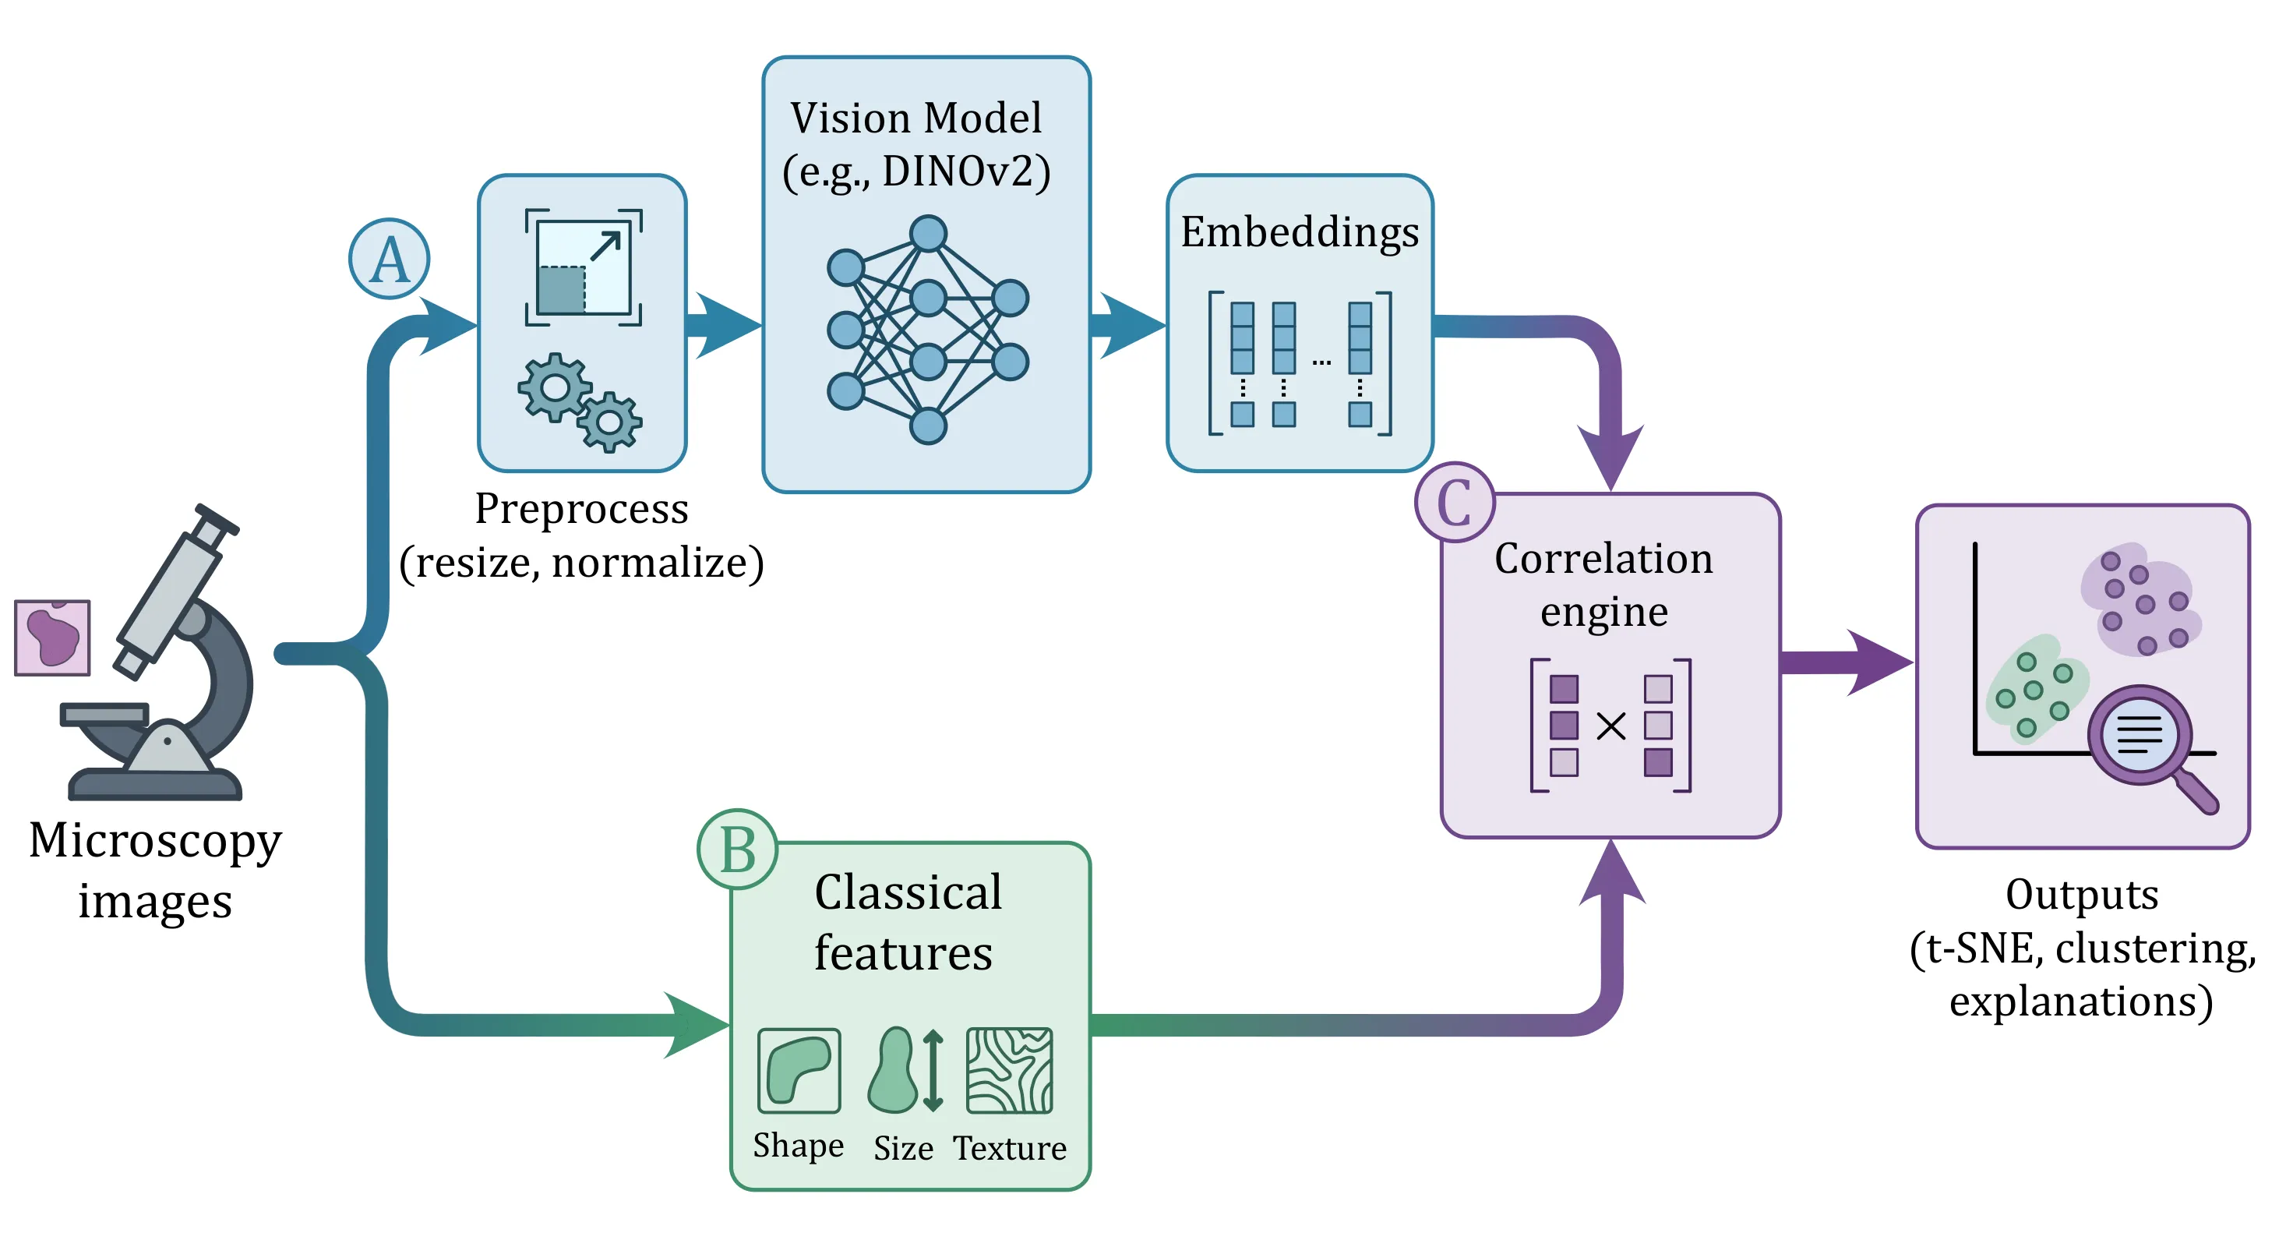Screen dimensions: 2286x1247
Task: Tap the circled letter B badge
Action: pyautogui.click(x=737, y=850)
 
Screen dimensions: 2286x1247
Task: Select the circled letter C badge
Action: pyautogui.click(x=1455, y=503)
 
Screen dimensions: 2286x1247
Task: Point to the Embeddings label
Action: pyautogui.click(x=1299, y=232)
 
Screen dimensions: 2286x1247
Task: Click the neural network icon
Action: pyautogui.click(x=927, y=329)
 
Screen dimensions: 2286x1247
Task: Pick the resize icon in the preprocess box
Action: pyautogui.click(x=583, y=267)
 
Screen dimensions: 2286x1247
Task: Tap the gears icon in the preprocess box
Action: pyautogui.click(x=580, y=402)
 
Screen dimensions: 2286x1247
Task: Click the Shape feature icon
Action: pyautogui.click(x=799, y=1070)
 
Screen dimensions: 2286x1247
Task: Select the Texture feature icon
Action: pyautogui.click(x=1009, y=1070)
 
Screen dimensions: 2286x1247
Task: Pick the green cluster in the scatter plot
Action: pyautogui.click(x=2035, y=687)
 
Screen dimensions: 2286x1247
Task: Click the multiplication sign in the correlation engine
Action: pyautogui.click(x=1610, y=726)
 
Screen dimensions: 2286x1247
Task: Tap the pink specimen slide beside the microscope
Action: pyautogui.click(x=52, y=638)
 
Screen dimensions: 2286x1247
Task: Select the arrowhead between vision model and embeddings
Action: pyautogui.click(x=1132, y=325)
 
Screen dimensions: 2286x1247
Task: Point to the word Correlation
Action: pyautogui.click(x=1603, y=559)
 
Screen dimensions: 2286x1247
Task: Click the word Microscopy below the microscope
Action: pyautogui.click(x=155, y=842)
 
